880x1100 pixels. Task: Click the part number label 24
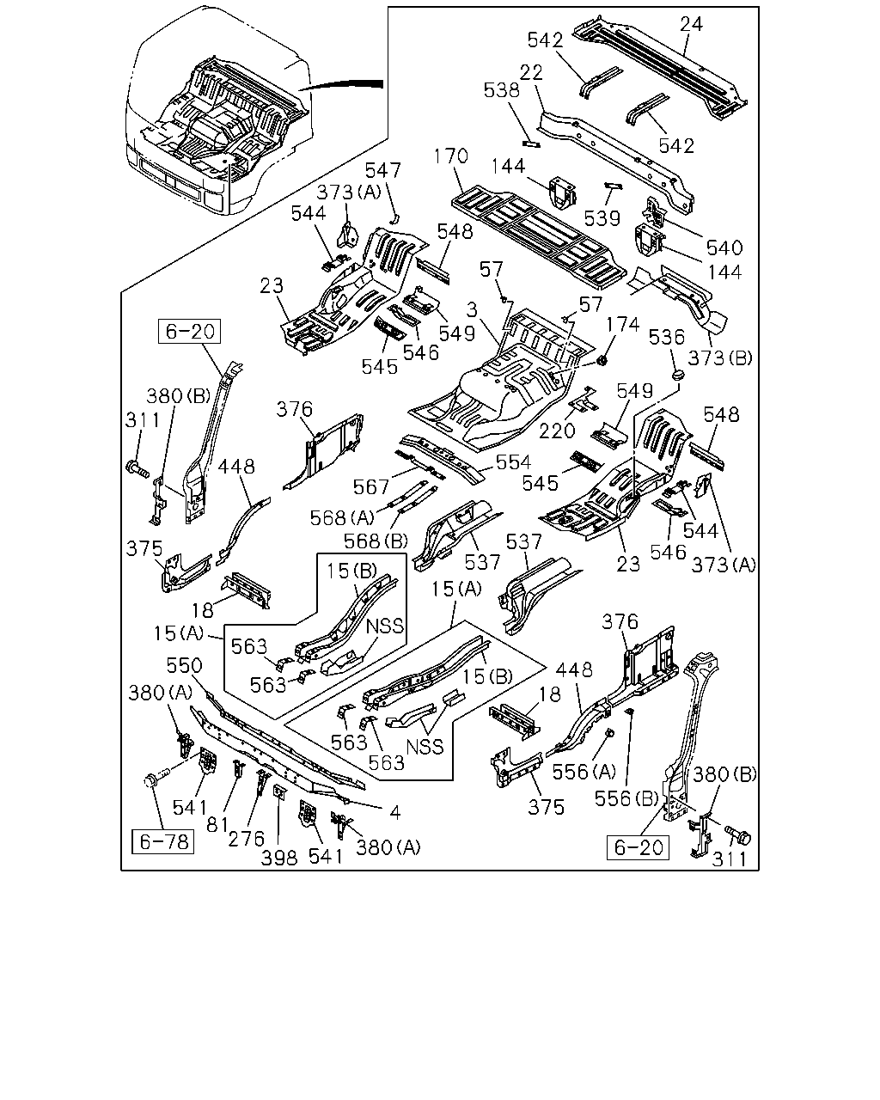coord(691,24)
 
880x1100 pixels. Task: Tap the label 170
coord(450,156)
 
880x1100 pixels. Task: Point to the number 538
coord(502,90)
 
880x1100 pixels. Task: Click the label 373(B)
coord(720,358)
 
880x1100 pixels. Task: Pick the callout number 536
coord(667,337)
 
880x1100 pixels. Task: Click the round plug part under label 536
coord(678,375)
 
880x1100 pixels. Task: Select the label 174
coord(623,325)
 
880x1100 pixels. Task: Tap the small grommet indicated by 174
coord(602,361)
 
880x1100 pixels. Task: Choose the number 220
coord(557,431)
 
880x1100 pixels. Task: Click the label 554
coord(513,462)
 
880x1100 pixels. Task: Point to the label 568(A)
coord(342,518)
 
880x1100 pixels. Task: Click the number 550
coord(184,665)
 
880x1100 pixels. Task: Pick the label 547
coord(383,170)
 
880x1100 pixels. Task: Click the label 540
coord(724,247)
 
